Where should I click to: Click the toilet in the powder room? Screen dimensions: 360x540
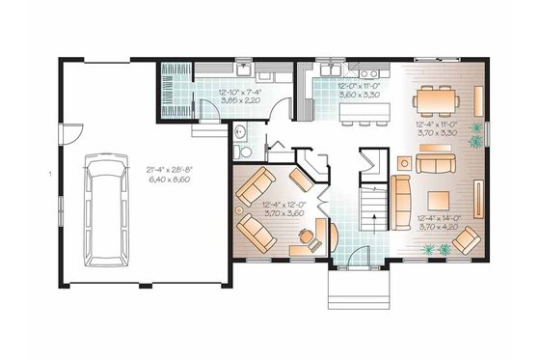click(245, 154)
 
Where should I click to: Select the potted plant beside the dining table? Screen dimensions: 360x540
click(475, 135)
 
